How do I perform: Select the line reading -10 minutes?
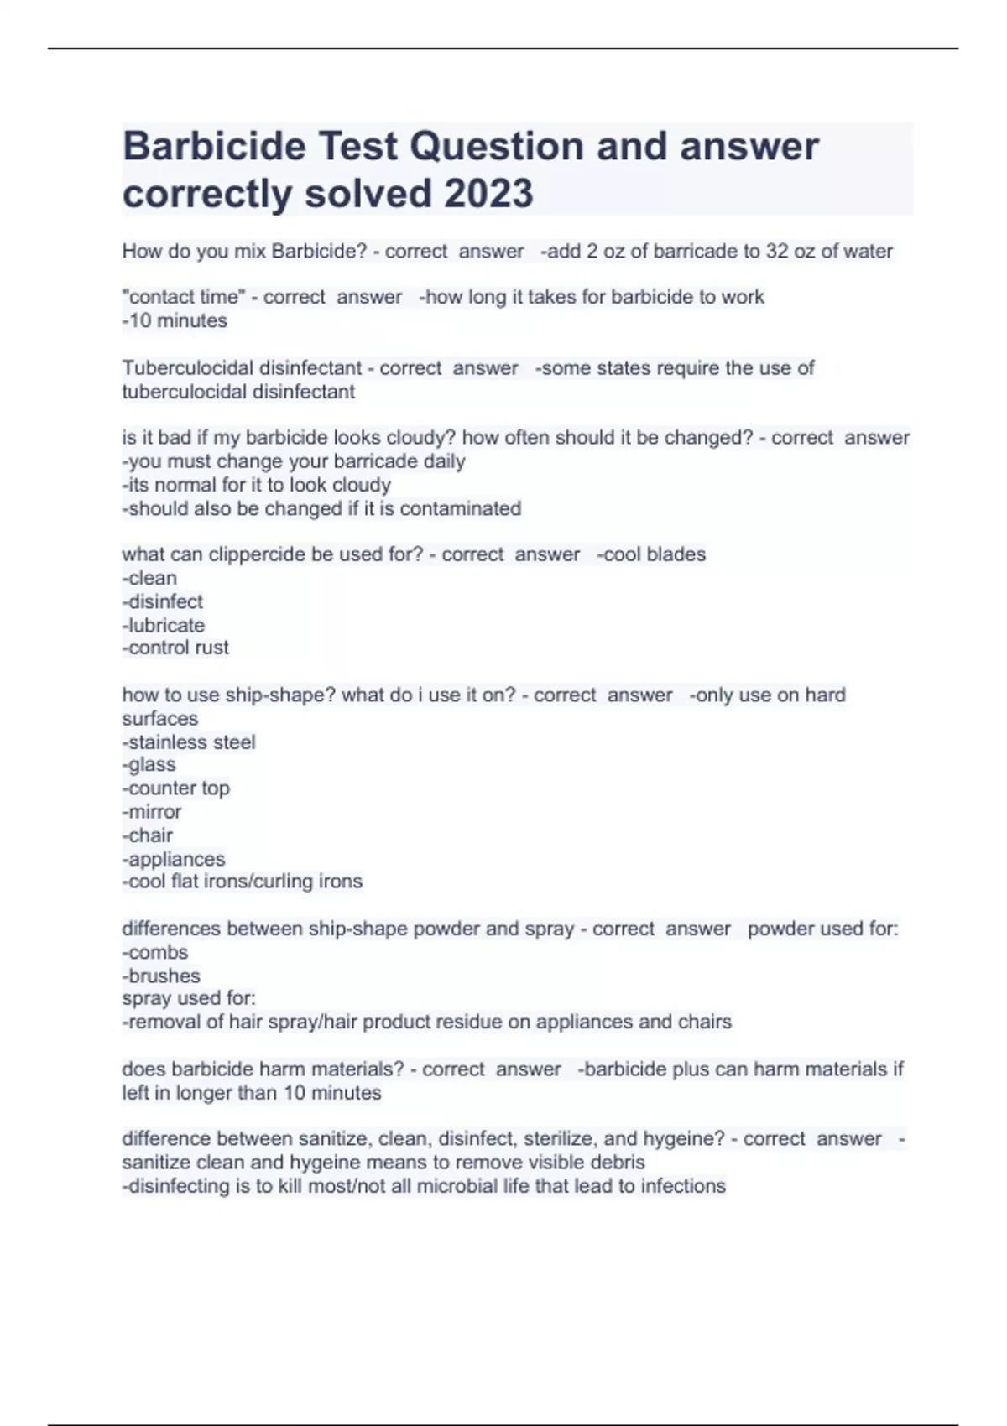click(x=175, y=320)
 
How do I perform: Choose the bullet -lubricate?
click(x=163, y=625)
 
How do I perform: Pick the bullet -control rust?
click(x=175, y=648)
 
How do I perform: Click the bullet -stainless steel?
click(x=189, y=742)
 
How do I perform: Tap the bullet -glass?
click(x=149, y=765)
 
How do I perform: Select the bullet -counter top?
click(x=175, y=788)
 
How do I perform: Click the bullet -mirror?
click(x=152, y=812)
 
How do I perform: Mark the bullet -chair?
click(x=148, y=835)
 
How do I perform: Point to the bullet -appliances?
click(x=174, y=859)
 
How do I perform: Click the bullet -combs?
click(x=155, y=953)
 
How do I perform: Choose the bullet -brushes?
click(x=161, y=976)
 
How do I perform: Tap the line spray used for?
click(x=189, y=998)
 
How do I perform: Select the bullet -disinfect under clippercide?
click(x=162, y=601)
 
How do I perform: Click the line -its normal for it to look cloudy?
click(x=257, y=485)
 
